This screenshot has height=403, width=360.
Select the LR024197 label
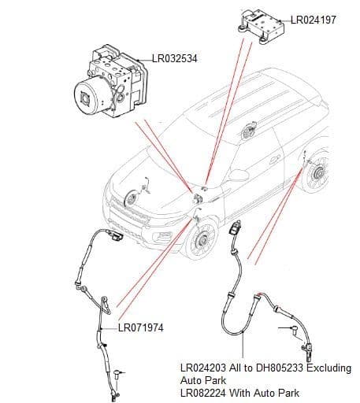click(313, 19)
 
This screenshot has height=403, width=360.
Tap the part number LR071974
click(142, 327)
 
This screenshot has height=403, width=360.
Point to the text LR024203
click(204, 367)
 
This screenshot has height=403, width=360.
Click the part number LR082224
click(204, 393)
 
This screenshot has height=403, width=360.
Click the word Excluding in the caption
click(332, 367)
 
